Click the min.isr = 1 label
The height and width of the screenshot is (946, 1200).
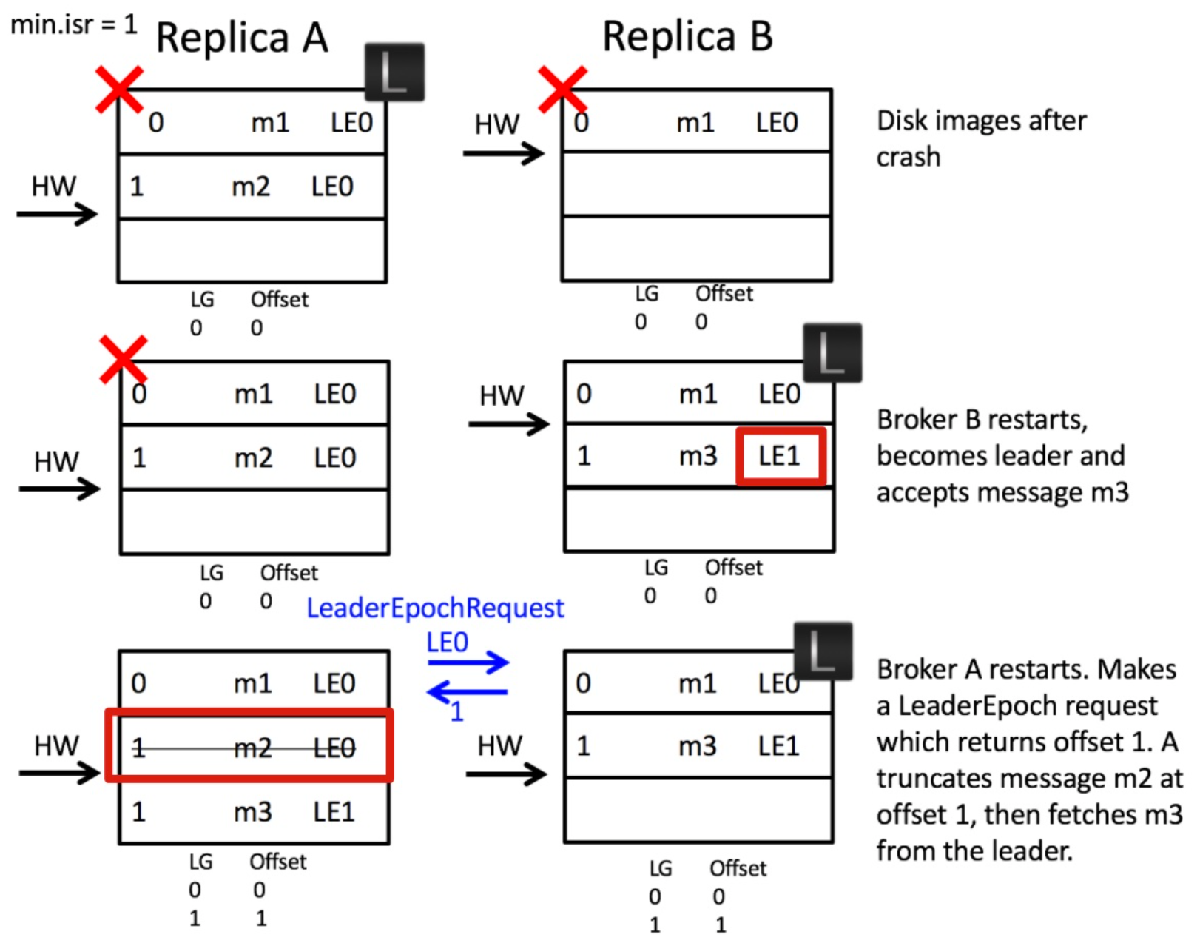coord(74,24)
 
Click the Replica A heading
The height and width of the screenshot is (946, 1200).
coord(241,38)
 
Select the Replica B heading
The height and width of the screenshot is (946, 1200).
coord(687,36)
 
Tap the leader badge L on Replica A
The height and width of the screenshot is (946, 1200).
coord(394,72)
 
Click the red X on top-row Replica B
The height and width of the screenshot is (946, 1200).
coord(563,90)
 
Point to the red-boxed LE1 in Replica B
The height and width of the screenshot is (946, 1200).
coord(780,456)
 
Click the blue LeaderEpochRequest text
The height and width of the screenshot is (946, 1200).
coord(435,608)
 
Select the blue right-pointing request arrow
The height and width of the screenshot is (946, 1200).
coord(468,662)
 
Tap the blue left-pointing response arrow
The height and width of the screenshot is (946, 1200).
coord(467,692)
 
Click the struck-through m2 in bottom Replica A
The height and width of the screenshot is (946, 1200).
coord(252,748)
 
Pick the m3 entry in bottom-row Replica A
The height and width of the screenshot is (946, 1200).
coord(252,812)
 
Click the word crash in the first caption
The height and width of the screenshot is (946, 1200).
coord(909,157)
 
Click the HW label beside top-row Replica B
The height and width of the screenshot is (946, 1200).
coord(496,124)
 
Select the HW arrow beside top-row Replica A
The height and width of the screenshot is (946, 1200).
coord(57,215)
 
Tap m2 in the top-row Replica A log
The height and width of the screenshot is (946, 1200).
coord(251,187)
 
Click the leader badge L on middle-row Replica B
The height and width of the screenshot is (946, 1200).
coord(832,353)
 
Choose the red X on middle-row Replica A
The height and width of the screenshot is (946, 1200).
coord(124,360)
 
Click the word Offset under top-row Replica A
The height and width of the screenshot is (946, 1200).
coord(280,300)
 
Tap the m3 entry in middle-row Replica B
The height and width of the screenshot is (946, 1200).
coord(698,457)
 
